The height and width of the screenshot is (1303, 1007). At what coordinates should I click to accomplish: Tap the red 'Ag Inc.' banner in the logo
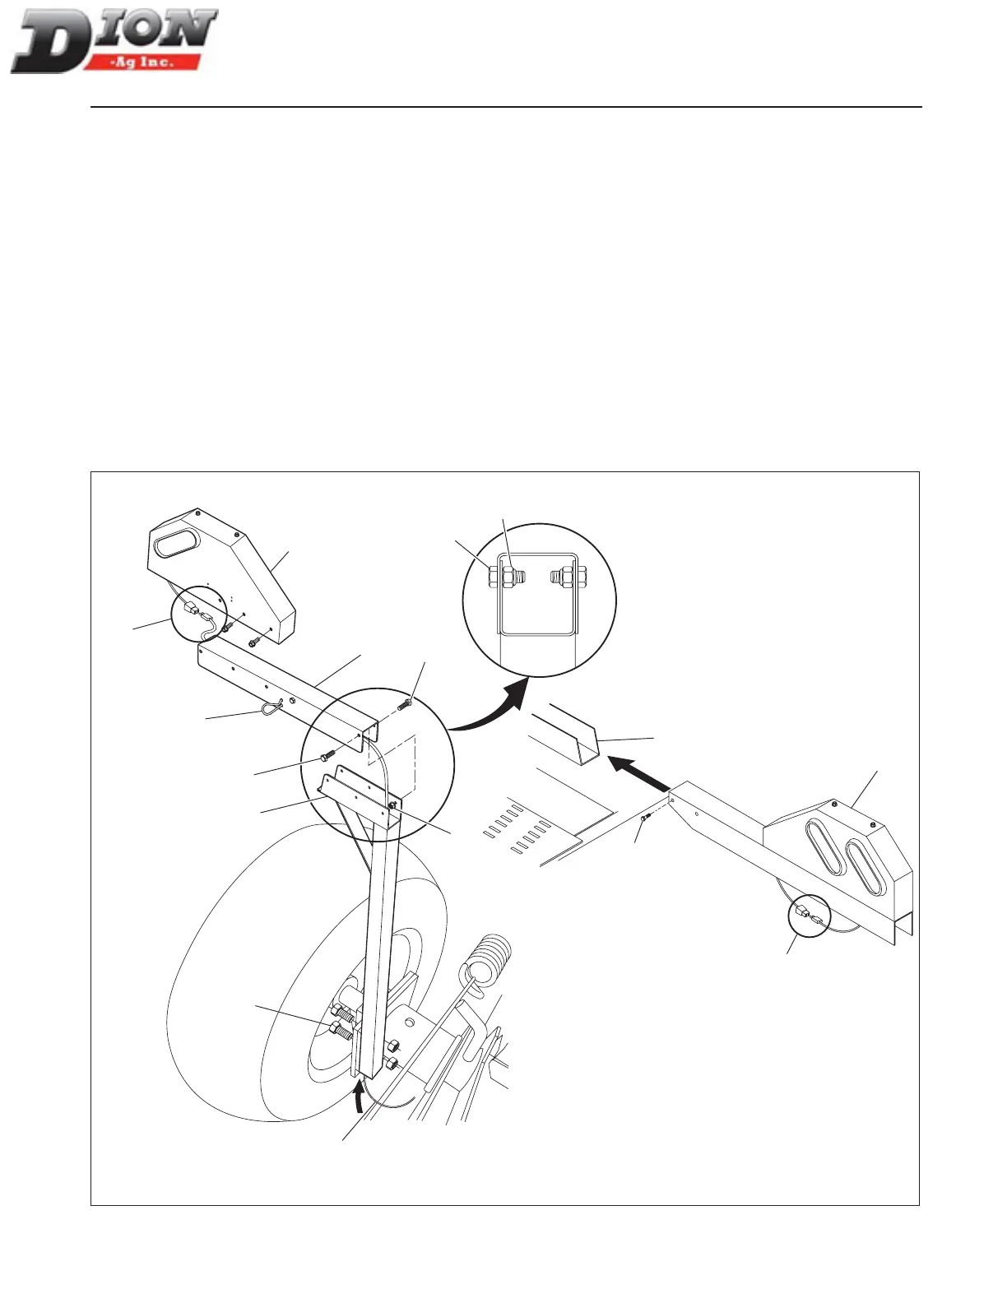pyautogui.click(x=153, y=62)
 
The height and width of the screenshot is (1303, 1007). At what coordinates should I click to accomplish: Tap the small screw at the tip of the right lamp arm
pyautogui.click(x=647, y=817)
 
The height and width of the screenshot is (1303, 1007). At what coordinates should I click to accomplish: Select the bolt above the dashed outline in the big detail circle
pyautogui.click(x=405, y=704)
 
